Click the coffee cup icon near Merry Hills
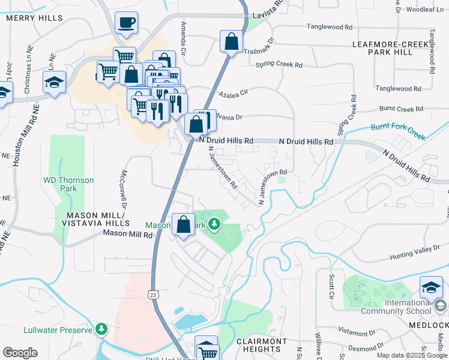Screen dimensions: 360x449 click(x=126, y=23)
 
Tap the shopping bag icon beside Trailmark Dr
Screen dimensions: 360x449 click(x=231, y=42)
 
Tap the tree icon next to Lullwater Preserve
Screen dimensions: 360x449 click(x=101, y=329)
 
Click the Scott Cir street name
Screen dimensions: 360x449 click(x=331, y=286)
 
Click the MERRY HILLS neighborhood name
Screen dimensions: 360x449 click(x=34, y=18)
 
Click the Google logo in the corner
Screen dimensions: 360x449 click(x=20, y=353)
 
